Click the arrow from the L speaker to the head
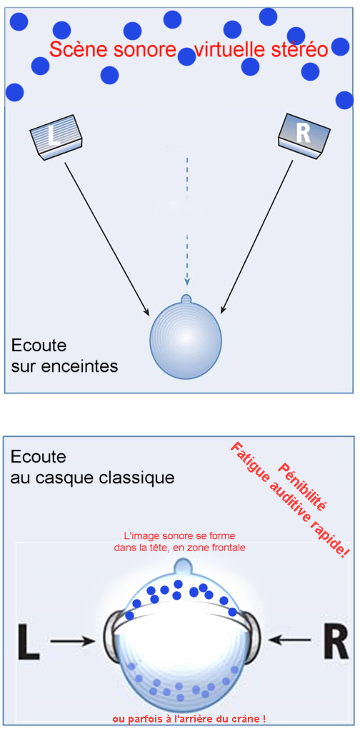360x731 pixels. coord(107,238)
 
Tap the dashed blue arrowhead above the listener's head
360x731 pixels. coord(187,281)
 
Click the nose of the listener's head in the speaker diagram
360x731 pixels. coord(186,299)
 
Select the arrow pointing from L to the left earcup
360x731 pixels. coord(72,642)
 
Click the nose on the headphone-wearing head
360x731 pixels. coord(181,566)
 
